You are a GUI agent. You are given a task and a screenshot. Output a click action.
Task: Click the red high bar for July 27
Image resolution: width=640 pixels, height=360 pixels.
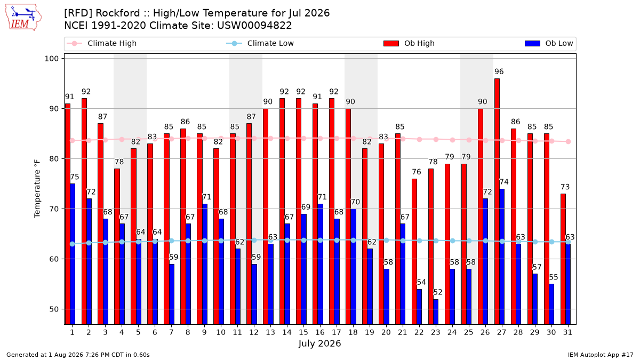pyautogui.click(x=497, y=202)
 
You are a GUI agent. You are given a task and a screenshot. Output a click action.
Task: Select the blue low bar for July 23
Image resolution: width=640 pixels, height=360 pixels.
pyautogui.click(x=436, y=311)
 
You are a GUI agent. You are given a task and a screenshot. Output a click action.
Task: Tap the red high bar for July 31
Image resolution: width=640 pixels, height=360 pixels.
pyautogui.click(x=563, y=259)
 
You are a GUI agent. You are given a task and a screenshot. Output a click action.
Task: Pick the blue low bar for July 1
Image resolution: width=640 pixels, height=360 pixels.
pyautogui.click(x=73, y=254)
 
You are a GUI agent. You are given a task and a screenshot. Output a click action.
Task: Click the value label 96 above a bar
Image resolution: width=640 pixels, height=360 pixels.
pyautogui.click(x=499, y=71)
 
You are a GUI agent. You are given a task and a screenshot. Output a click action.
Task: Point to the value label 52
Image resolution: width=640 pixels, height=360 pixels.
pyautogui.click(x=438, y=292)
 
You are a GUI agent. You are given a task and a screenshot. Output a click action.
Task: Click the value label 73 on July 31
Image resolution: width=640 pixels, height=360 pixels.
pyautogui.click(x=565, y=187)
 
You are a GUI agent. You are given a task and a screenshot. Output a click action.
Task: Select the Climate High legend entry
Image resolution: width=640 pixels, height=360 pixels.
pyautogui.click(x=101, y=43)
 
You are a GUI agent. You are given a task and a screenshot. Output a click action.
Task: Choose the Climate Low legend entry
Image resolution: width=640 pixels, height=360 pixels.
pyautogui.click(x=260, y=43)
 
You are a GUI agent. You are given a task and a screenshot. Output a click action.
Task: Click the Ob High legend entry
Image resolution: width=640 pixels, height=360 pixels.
pyautogui.click(x=409, y=43)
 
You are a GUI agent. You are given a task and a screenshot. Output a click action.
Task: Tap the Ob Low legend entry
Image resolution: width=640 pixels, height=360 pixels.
pyautogui.click(x=549, y=43)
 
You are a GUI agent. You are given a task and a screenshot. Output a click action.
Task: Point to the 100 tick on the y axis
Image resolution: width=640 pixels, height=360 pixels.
pyautogui.click(x=51, y=59)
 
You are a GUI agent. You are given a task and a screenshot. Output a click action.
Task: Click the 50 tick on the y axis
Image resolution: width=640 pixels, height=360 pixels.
pyautogui.click(x=54, y=309)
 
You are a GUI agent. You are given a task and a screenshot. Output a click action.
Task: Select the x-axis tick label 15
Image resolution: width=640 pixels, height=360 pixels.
pyautogui.click(x=303, y=332)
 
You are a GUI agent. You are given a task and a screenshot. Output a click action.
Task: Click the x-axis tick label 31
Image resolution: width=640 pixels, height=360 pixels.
pyautogui.click(x=567, y=332)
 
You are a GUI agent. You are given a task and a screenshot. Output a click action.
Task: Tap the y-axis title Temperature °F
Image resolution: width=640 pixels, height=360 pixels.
pyautogui.click(x=37, y=189)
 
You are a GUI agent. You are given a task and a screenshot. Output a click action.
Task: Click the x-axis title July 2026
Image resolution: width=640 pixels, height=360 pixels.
pyautogui.click(x=319, y=343)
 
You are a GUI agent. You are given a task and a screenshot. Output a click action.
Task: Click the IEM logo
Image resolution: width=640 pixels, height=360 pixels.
pyautogui.click(x=23, y=18)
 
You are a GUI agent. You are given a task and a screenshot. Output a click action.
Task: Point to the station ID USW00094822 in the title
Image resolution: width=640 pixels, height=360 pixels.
pyautogui.click(x=254, y=26)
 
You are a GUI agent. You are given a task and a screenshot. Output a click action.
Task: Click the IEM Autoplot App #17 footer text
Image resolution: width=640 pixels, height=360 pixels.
pyautogui.click(x=601, y=355)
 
